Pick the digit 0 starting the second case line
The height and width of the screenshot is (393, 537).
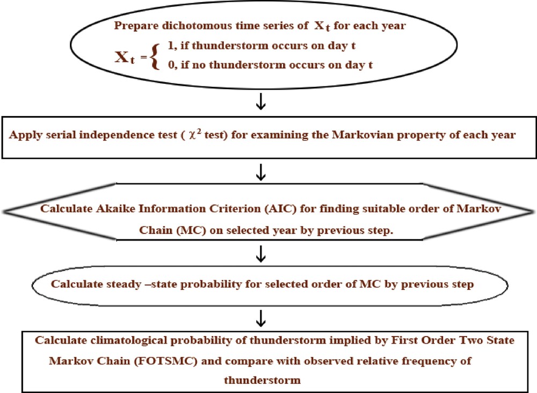[x=171, y=66]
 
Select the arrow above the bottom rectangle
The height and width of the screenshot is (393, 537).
[x=261, y=320]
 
